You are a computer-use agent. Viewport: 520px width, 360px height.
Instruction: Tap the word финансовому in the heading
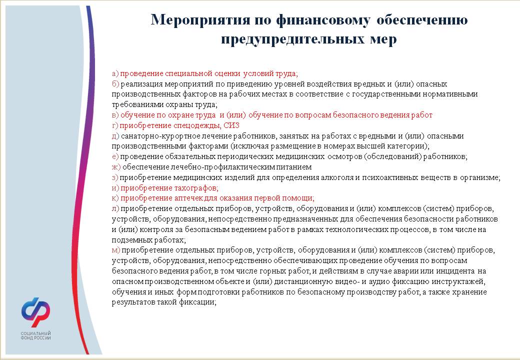pyautogui.click(x=322, y=20)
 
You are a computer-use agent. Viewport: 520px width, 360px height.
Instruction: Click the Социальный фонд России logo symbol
pyautogui.click(x=36, y=312)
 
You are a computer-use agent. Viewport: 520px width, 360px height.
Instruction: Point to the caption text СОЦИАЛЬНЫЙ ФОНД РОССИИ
pyautogui.click(x=36, y=335)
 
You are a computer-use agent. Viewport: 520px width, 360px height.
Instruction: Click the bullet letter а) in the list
pyautogui.click(x=115, y=73)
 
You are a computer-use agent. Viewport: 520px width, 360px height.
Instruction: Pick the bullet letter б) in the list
pyautogui.click(x=115, y=84)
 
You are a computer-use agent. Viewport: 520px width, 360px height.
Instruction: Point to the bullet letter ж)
pyautogui.click(x=116, y=167)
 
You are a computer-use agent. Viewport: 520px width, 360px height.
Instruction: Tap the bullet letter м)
pyautogui.click(x=115, y=250)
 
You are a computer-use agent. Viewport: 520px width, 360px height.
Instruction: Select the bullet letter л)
pyautogui.click(x=115, y=209)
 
